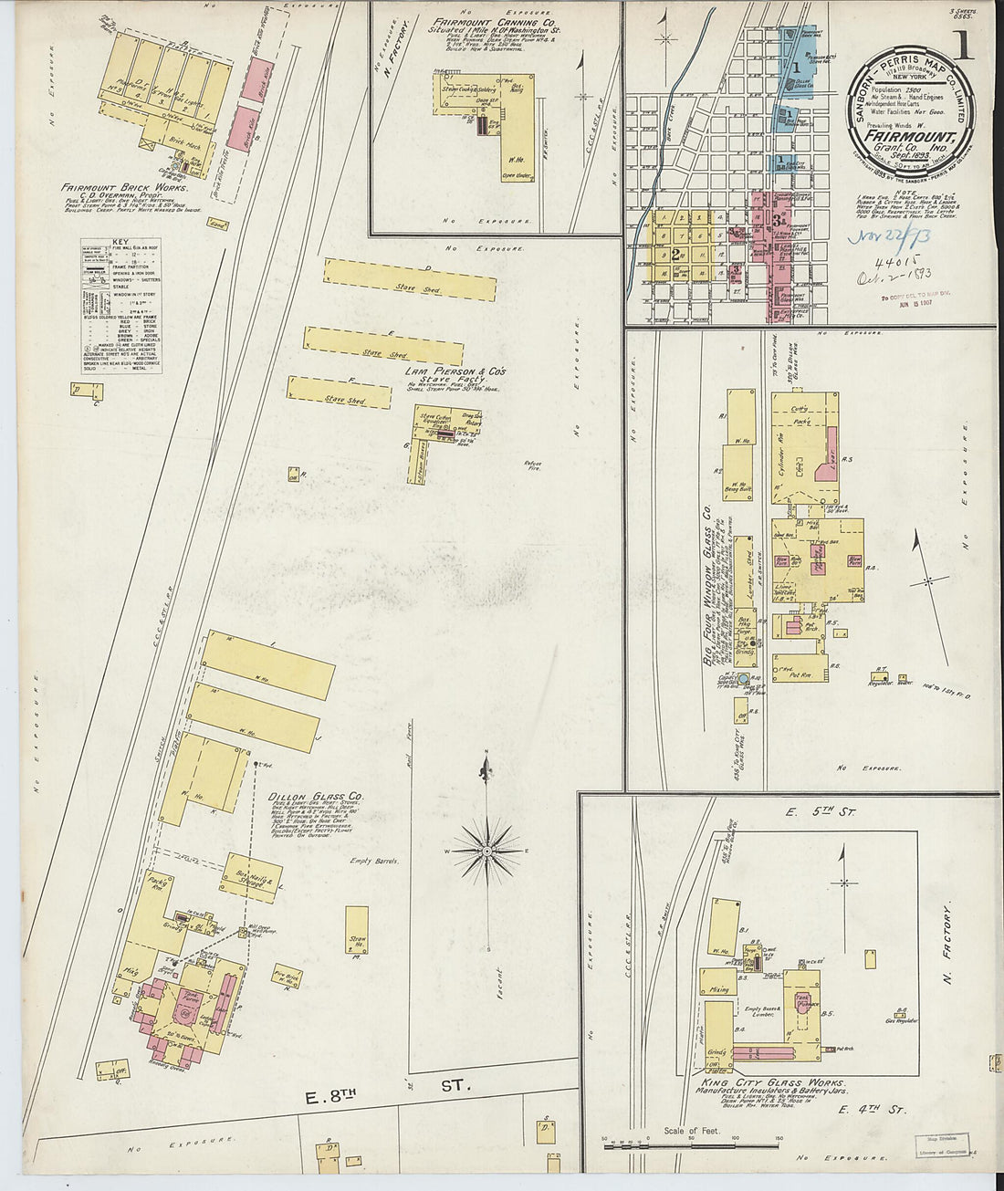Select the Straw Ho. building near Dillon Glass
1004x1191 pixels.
pyautogui.click(x=357, y=931)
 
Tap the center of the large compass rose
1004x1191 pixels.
pyautogui.click(x=488, y=851)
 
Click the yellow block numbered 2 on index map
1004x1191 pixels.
pyautogui.click(x=675, y=256)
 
